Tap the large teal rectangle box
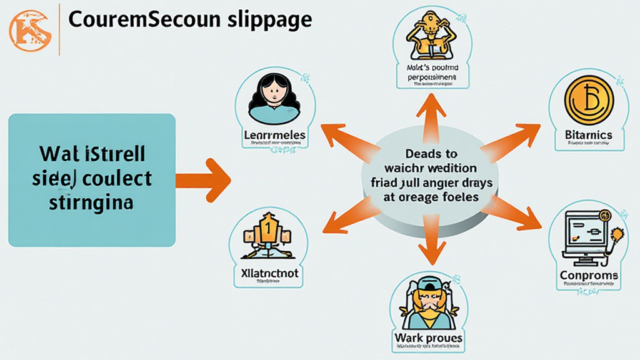point(91,179)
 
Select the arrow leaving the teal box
point(204,180)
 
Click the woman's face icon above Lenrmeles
point(274,98)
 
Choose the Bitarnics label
point(588,134)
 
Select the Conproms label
point(588,275)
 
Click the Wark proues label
point(428,338)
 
